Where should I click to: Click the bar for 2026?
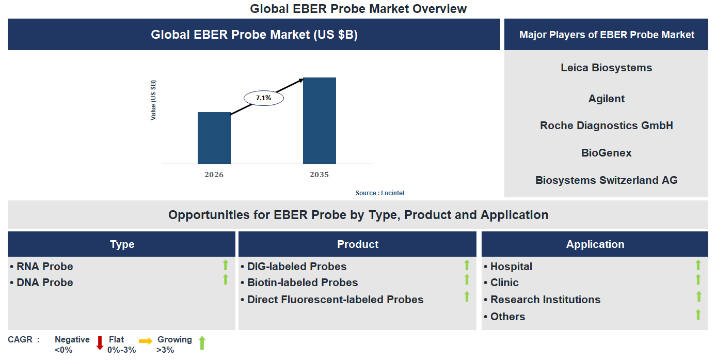[214, 138]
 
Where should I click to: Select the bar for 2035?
[319, 121]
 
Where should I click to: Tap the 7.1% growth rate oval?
[263, 98]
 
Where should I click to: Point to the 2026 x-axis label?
[214, 175]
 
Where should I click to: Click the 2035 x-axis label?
[319, 175]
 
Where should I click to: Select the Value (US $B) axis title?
[153, 100]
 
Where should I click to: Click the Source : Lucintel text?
[379, 193]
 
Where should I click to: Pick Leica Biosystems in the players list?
[606, 68]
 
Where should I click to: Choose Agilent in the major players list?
[606, 99]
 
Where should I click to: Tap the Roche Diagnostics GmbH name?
[606, 126]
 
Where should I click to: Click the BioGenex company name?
[606, 153]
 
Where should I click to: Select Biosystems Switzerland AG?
[606, 180]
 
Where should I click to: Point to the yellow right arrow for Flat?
[146, 341]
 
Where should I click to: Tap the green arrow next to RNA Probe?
[225, 265]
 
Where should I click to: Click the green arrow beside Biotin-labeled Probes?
[467, 280]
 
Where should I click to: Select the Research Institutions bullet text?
[545, 300]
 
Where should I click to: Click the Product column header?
[357, 244]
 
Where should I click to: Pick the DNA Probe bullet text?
[44, 283]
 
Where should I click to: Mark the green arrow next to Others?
[698, 315]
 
